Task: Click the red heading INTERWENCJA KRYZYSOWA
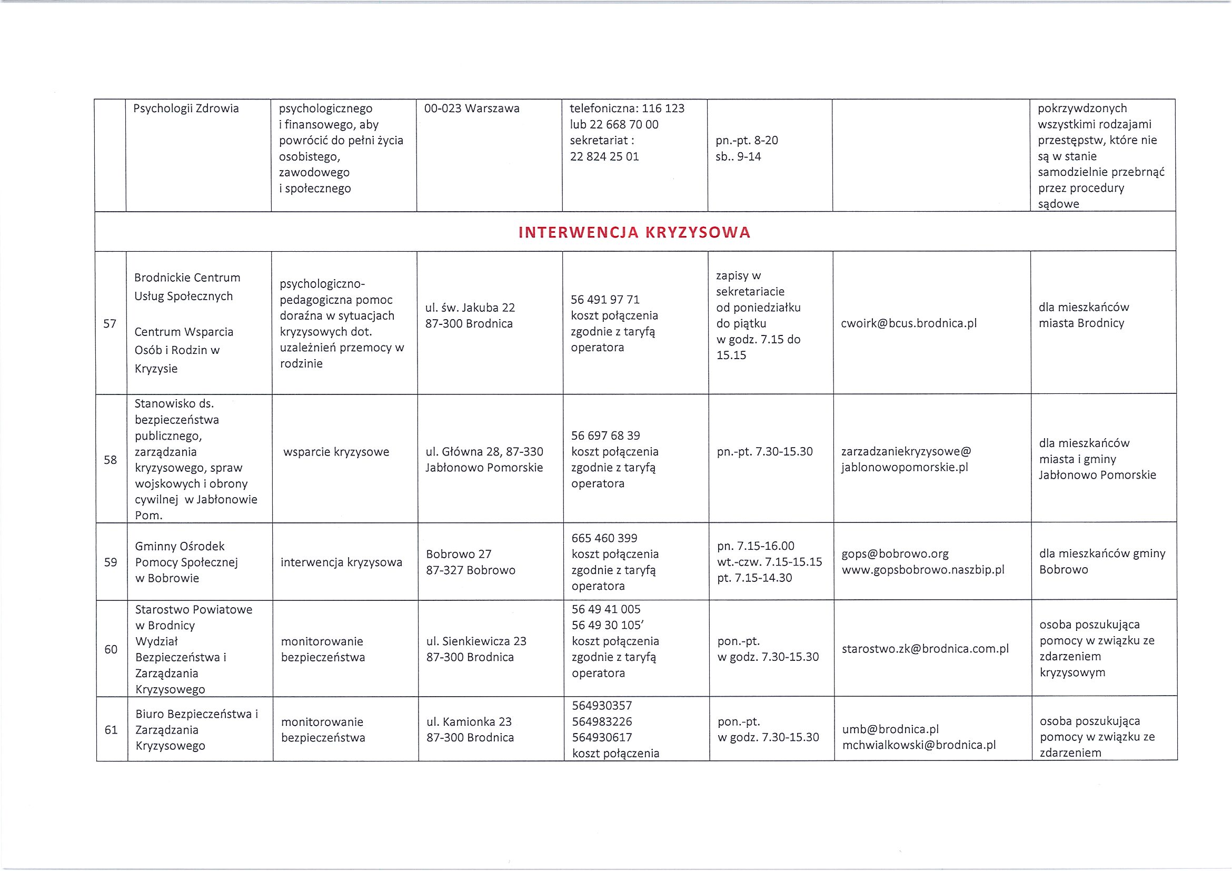coord(634,232)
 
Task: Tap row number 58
coord(111,460)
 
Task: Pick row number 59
coord(111,562)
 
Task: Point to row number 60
coord(111,649)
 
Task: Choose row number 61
coord(111,730)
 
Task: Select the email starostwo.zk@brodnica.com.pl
coord(925,649)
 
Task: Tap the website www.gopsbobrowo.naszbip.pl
coord(923,570)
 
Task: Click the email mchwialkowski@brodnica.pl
coord(919,746)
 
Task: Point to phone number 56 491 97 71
coord(605,300)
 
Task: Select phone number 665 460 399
coord(604,538)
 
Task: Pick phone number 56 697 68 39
coord(606,435)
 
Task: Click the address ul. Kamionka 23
coord(469,722)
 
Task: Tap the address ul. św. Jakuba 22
coord(470,308)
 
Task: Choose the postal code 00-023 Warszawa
coord(472,108)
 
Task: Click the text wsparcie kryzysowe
coord(336,452)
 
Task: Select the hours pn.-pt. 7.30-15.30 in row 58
coord(764,452)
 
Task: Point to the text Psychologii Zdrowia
coord(186,108)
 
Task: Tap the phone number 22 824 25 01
coord(604,157)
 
